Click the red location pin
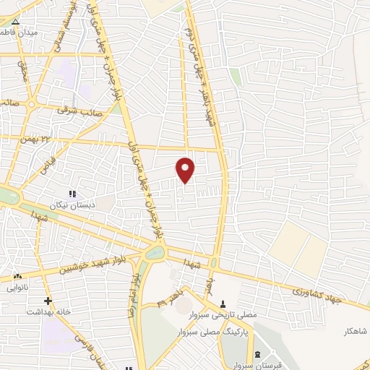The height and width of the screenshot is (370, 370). pyautogui.click(x=186, y=171)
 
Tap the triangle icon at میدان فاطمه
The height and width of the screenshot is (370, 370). pyautogui.click(x=16, y=22)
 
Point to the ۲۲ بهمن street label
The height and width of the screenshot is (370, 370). pyautogui.click(x=38, y=137)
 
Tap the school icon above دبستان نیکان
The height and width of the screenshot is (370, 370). pyautogui.click(x=71, y=194)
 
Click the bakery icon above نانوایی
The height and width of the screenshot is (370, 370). pyautogui.click(x=17, y=276)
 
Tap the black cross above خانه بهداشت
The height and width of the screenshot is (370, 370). pyautogui.click(x=48, y=300)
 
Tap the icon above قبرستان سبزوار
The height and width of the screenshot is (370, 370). pyautogui.click(x=257, y=353)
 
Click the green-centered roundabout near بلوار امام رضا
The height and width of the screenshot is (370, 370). pyautogui.click(x=155, y=253)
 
